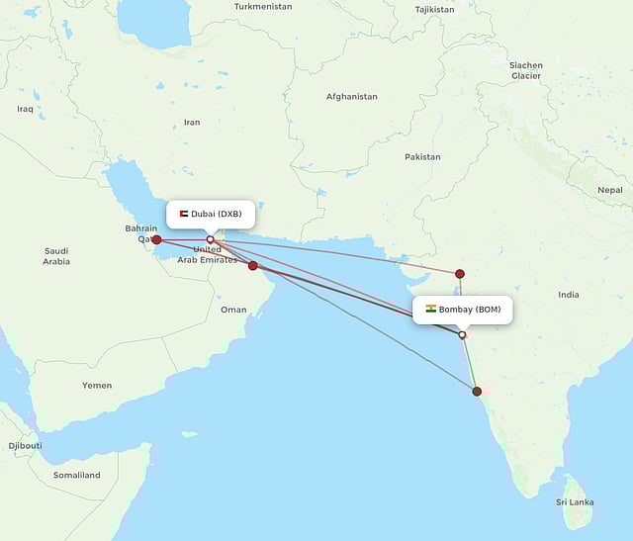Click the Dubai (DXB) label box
pos(210,214)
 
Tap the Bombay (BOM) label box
pos(462,310)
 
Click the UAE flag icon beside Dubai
pos(183,214)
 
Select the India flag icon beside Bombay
pos(431,310)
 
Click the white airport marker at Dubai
pos(210,239)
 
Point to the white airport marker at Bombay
pos(462,335)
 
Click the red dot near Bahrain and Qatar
pos(156,239)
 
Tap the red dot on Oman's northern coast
pos(253,265)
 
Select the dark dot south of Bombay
pos(477,392)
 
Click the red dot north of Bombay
pos(459,273)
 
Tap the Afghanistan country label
pos(352,97)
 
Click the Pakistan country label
pos(422,157)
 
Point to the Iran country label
pos(192,123)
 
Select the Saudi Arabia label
pos(56,256)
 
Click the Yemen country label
pos(97,385)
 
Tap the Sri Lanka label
pos(574,502)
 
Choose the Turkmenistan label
pos(263,7)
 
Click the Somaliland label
pos(77,475)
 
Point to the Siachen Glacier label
pos(525,70)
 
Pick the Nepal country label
pos(610,189)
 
